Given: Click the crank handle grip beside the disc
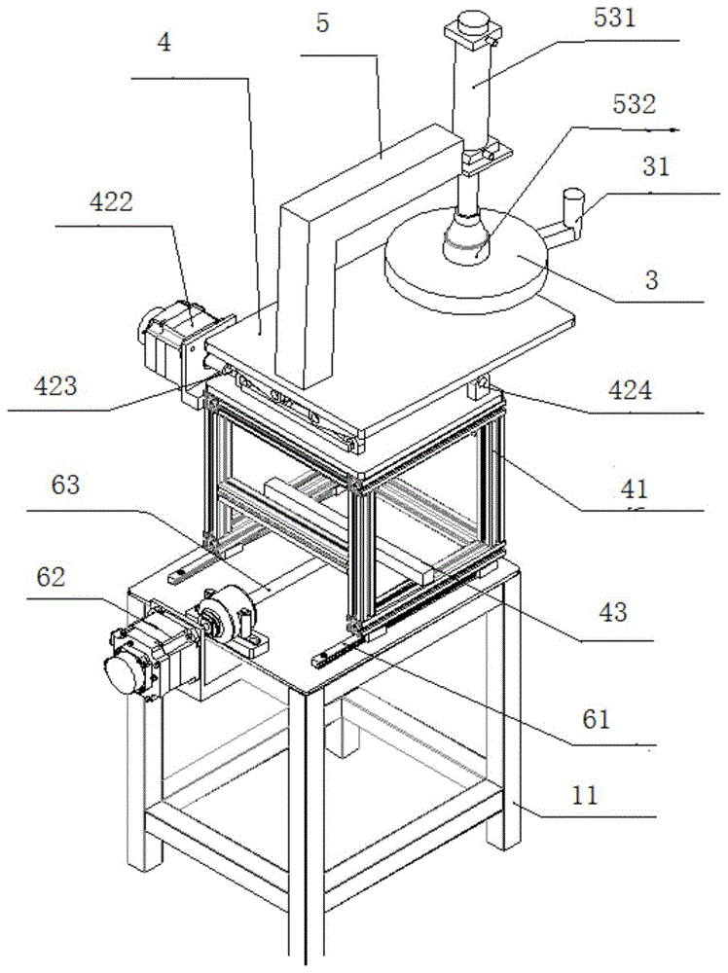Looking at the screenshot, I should coord(577,206).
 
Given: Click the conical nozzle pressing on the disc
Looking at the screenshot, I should coord(472,241).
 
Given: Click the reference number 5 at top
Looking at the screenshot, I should coord(322,22).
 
